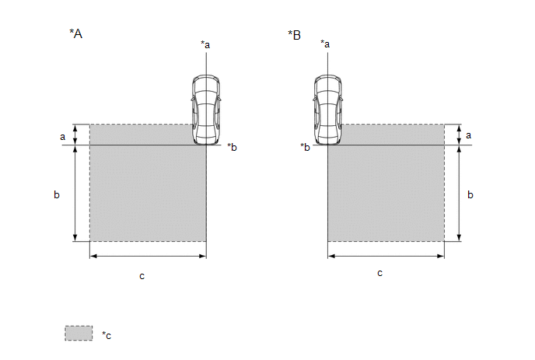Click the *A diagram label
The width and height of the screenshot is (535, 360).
pyautogui.click(x=75, y=33)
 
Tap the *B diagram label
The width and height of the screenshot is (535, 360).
pyautogui.click(x=294, y=35)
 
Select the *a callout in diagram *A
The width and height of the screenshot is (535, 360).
pyautogui.click(x=205, y=44)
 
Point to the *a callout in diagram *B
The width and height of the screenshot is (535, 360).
pyautogui.click(x=325, y=44)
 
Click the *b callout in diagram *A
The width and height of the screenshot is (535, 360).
pyautogui.click(x=232, y=147)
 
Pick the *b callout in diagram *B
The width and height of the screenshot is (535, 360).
pyautogui.click(x=305, y=147)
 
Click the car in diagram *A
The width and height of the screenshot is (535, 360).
pyautogui.click(x=205, y=110)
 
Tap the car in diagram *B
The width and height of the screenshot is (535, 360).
pyautogui.click(x=327, y=110)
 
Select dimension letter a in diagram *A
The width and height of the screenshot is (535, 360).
pyautogui.click(x=62, y=137)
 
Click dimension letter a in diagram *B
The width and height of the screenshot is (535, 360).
pyautogui.click(x=468, y=135)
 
